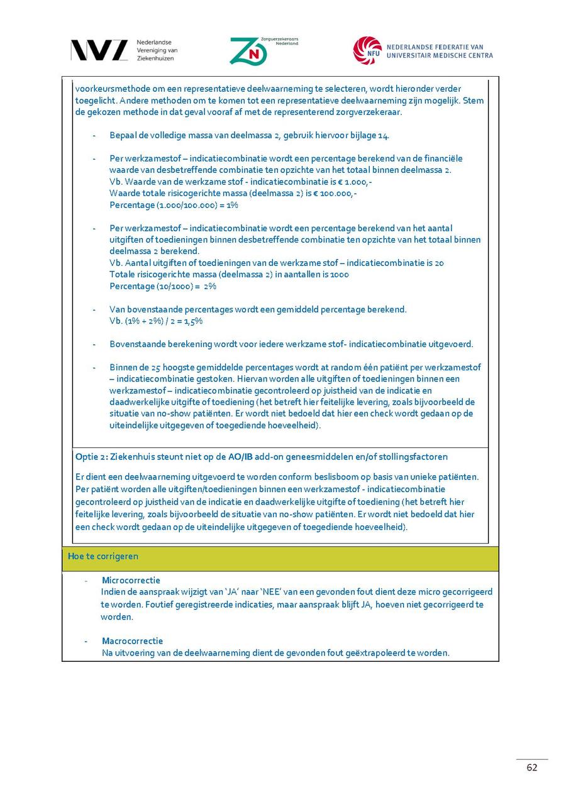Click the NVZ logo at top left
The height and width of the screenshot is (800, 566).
click(99, 50)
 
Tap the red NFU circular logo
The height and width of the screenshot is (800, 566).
click(367, 50)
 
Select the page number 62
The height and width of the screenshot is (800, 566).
click(532, 767)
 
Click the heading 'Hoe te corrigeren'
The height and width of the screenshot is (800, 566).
click(103, 556)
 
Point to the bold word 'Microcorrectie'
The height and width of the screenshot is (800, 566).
click(131, 580)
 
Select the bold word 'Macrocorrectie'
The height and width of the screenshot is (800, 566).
click(132, 641)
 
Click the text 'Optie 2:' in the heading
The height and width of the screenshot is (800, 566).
click(91, 456)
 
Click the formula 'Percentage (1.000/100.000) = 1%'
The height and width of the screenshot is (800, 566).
click(174, 205)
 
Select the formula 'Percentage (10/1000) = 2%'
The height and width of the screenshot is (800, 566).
click(163, 286)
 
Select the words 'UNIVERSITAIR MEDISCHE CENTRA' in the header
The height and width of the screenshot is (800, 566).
click(440, 55)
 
